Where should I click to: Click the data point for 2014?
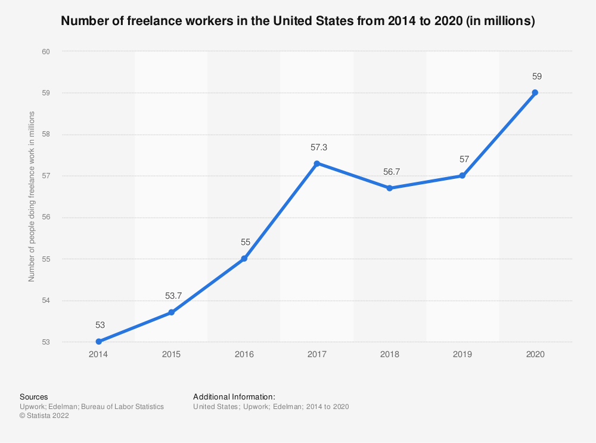tap(99, 342)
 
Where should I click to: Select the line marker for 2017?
tap(317, 163)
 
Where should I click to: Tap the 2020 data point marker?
tap(535, 92)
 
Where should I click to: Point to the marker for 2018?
tap(390, 188)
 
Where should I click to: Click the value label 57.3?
tap(317, 147)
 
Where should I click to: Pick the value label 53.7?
tap(172, 296)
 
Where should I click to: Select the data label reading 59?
tap(535, 76)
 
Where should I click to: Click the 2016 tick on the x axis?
tap(244, 354)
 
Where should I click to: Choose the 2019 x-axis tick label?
tap(462, 354)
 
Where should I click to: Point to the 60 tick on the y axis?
tap(45, 51)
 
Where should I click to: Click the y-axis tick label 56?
tap(45, 218)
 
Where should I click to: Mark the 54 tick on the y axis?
tap(45, 301)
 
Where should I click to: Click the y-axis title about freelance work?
tap(32, 196)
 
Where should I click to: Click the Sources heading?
tap(33, 396)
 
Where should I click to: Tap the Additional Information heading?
tap(234, 396)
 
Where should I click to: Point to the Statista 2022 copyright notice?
tap(44, 416)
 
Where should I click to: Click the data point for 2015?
tap(172, 312)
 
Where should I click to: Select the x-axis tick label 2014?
tap(99, 354)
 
